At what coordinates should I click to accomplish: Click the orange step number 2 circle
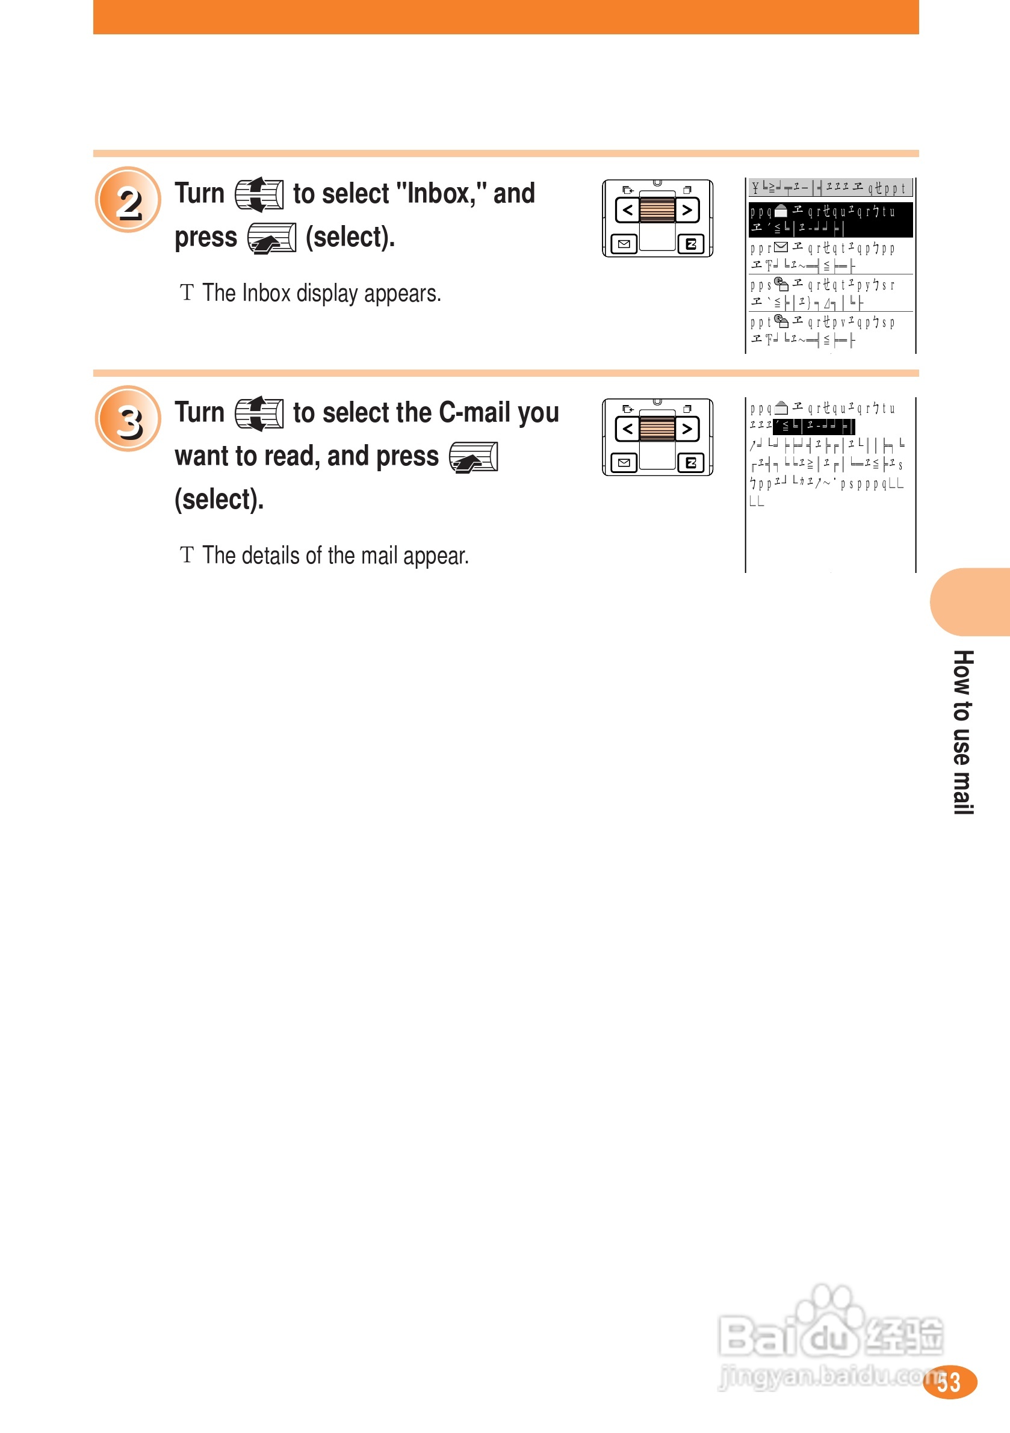[x=128, y=200]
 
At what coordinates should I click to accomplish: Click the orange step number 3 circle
[x=128, y=419]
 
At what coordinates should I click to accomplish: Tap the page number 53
[x=948, y=1382]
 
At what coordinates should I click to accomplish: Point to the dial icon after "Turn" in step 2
[x=259, y=194]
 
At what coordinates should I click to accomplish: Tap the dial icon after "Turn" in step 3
[x=259, y=413]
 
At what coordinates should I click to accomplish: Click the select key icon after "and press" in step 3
[x=473, y=457]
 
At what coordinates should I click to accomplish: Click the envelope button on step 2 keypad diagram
[x=624, y=244]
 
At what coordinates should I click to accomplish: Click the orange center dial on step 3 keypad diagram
[x=657, y=429]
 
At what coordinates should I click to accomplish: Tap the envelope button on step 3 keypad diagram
[x=624, y=462]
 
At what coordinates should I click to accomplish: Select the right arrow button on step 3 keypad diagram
[x=687, y=429]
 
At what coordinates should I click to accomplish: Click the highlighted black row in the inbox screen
[x=830, y=219]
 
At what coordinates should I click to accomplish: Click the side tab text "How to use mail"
[x=962, y=731]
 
